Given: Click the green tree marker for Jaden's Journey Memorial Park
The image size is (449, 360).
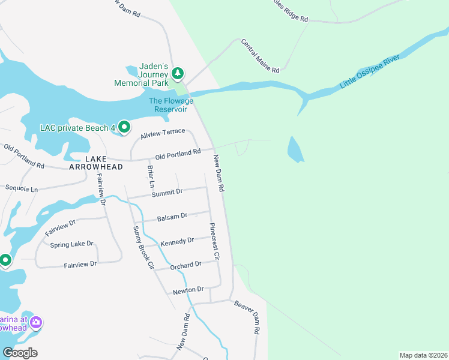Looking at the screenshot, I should (x=178, y=74).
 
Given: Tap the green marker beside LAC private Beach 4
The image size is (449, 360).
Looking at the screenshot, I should (x=124, y=127).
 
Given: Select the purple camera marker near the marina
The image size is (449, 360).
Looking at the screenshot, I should (x=36, y=323).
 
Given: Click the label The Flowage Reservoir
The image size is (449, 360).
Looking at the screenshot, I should (x=171, y=105).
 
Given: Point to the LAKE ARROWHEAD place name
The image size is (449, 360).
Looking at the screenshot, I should (x=96, y=163).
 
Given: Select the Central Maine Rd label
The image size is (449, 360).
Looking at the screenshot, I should (x=261, y=56).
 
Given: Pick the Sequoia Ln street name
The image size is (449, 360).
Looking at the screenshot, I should (x=21, y=189).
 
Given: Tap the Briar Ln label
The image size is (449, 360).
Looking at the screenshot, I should (x=151, y=176).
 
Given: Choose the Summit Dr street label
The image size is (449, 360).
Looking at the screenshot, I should (x=167, y=193).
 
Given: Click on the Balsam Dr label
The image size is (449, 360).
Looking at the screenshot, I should (x=172, y=216).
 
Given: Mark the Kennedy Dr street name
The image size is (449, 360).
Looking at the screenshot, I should (x=177, y=241).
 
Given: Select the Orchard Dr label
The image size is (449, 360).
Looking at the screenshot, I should (x=185, y=265).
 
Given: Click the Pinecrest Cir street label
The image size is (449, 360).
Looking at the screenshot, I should (x=215, y=241).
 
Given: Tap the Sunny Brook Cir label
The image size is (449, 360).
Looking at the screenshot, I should (x=144, y=247).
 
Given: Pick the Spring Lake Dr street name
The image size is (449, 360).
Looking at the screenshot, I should (x=72, y=244).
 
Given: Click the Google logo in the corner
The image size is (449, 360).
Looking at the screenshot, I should (x=20, y=353).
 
